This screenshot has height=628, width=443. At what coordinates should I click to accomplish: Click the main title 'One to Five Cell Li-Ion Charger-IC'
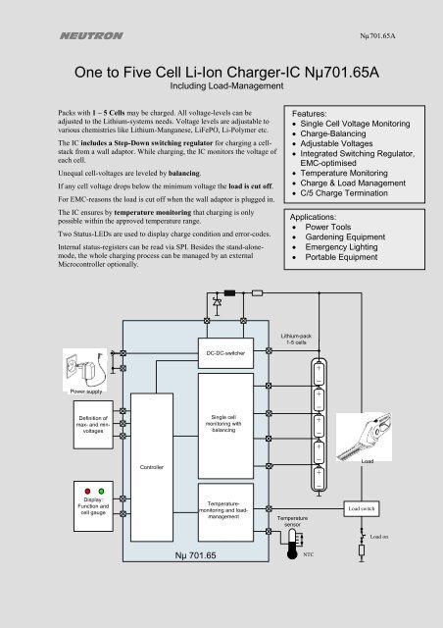221,74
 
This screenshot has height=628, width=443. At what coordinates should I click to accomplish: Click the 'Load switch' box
362,509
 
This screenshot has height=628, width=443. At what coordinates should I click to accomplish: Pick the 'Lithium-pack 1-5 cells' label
294,340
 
